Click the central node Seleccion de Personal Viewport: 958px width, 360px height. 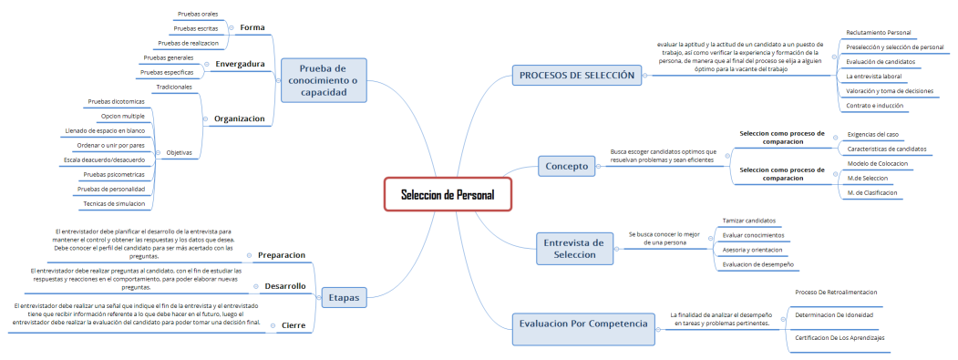pos(448,195)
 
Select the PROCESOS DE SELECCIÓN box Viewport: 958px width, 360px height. pos(575,76)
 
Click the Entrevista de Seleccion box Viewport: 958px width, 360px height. pos(573,249)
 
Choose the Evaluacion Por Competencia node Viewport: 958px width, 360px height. pos(583,324)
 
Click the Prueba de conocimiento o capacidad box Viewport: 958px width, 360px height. pos(324,80)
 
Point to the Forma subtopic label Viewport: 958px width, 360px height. pos(252,27)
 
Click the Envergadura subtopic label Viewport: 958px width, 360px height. pos(240,64)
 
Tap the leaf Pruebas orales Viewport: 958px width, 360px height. pos(196,14)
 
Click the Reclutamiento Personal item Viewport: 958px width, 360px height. pos(879,33)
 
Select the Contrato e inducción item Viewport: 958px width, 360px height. pos(874,106)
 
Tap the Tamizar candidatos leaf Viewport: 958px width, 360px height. pos(748,221)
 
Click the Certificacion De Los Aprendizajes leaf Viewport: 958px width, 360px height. pos(840,338)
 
